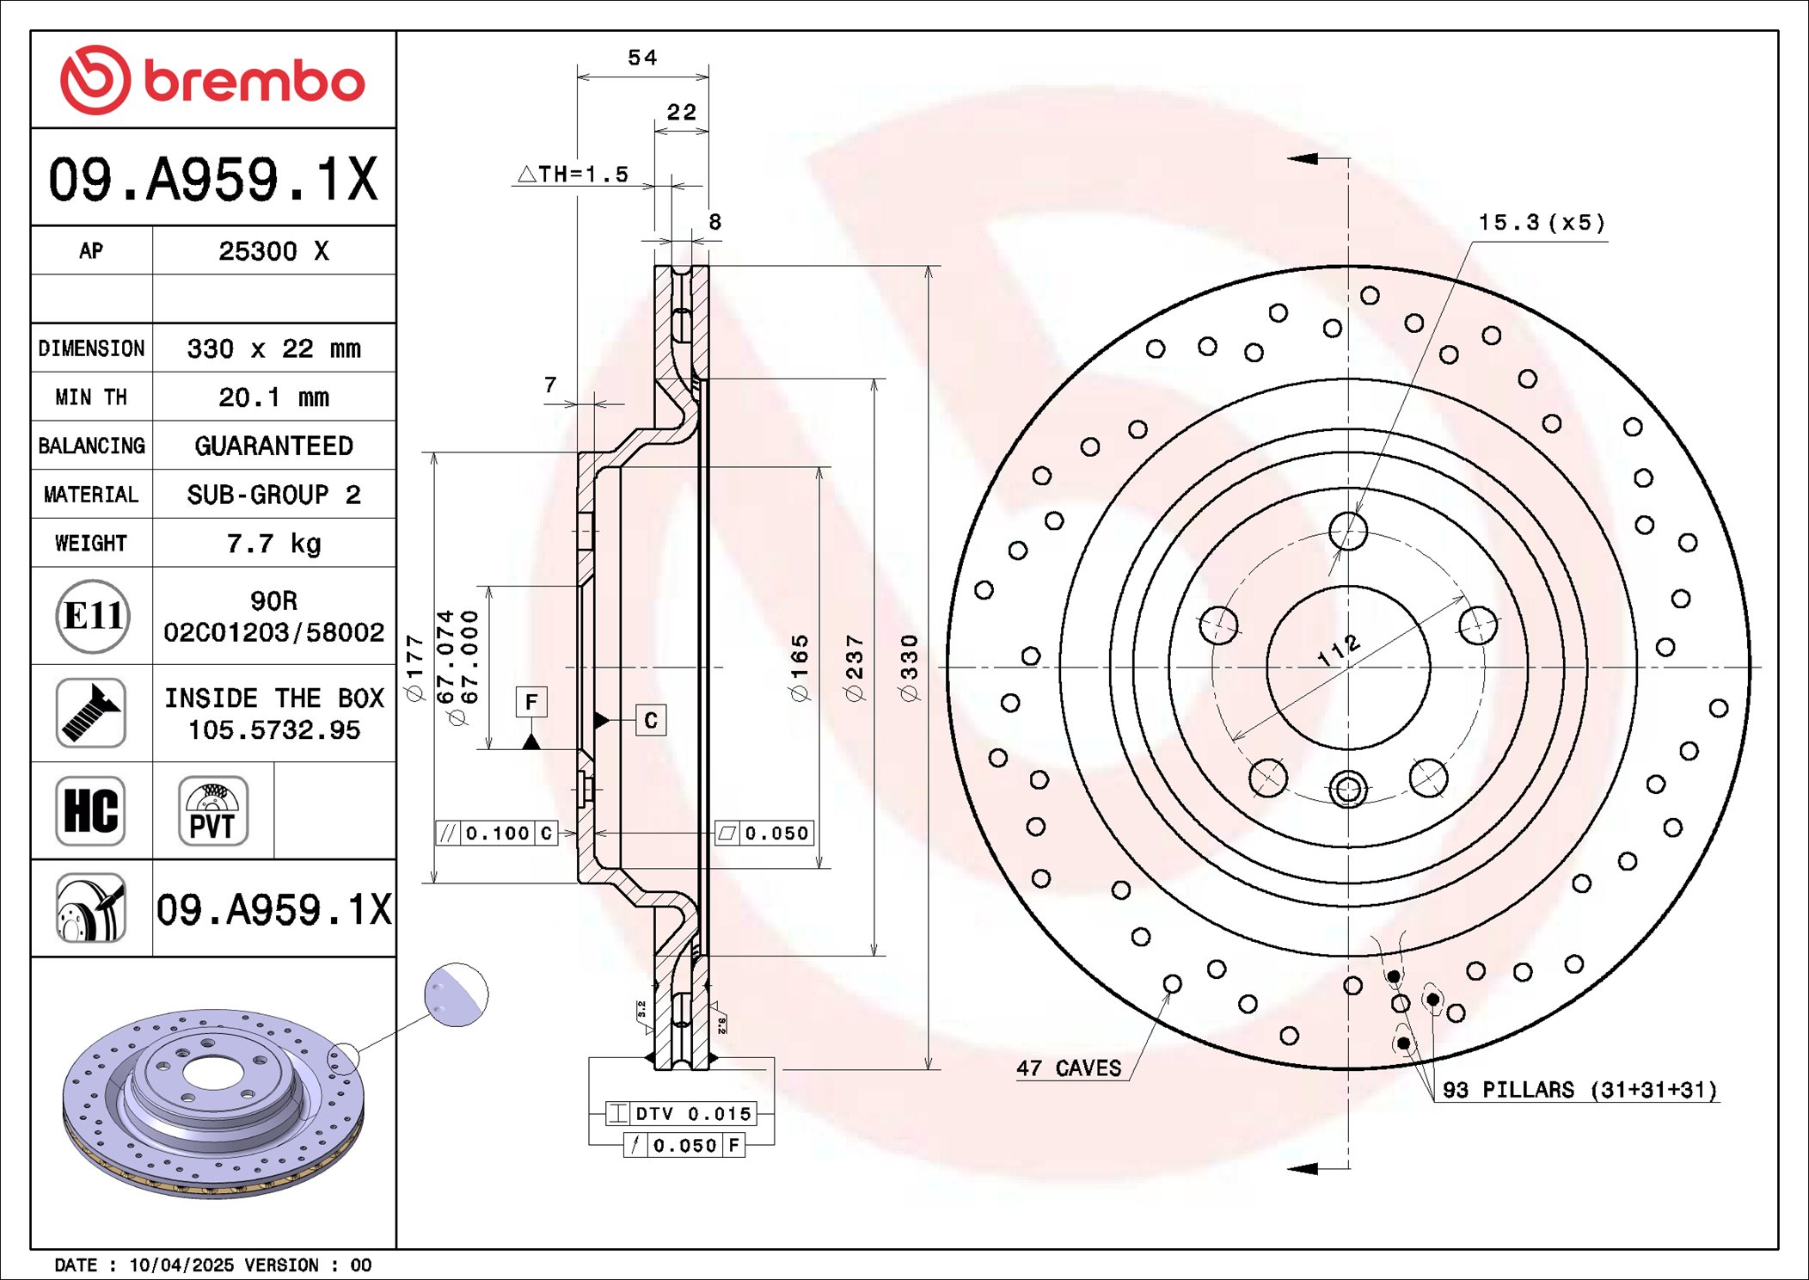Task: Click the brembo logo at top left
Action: (x=212, y=80)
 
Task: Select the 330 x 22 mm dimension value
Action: (x=273, y=348)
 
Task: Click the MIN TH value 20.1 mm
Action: (x=273, y=397)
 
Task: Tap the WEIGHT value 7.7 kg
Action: (x=273, y=544)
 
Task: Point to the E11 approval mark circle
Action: (x=93, y=616)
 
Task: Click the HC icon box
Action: (x=91, y=811)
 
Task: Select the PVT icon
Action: (x=213, y=811)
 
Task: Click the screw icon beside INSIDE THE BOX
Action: (x=91, y=713)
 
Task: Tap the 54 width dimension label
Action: (x=642, y=58)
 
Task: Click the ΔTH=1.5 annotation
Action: (x=573, y=175)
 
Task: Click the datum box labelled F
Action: (x=531, y=702)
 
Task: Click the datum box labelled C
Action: (x=651, y=720)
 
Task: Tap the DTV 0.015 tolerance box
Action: (x=682, y=1114)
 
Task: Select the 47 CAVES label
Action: (x=1069, y=1068)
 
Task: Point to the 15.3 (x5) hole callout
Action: (x=1541, y=223)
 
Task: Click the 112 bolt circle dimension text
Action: (x=1339, y=651)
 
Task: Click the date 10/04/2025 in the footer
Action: (x=181, y=1265)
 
